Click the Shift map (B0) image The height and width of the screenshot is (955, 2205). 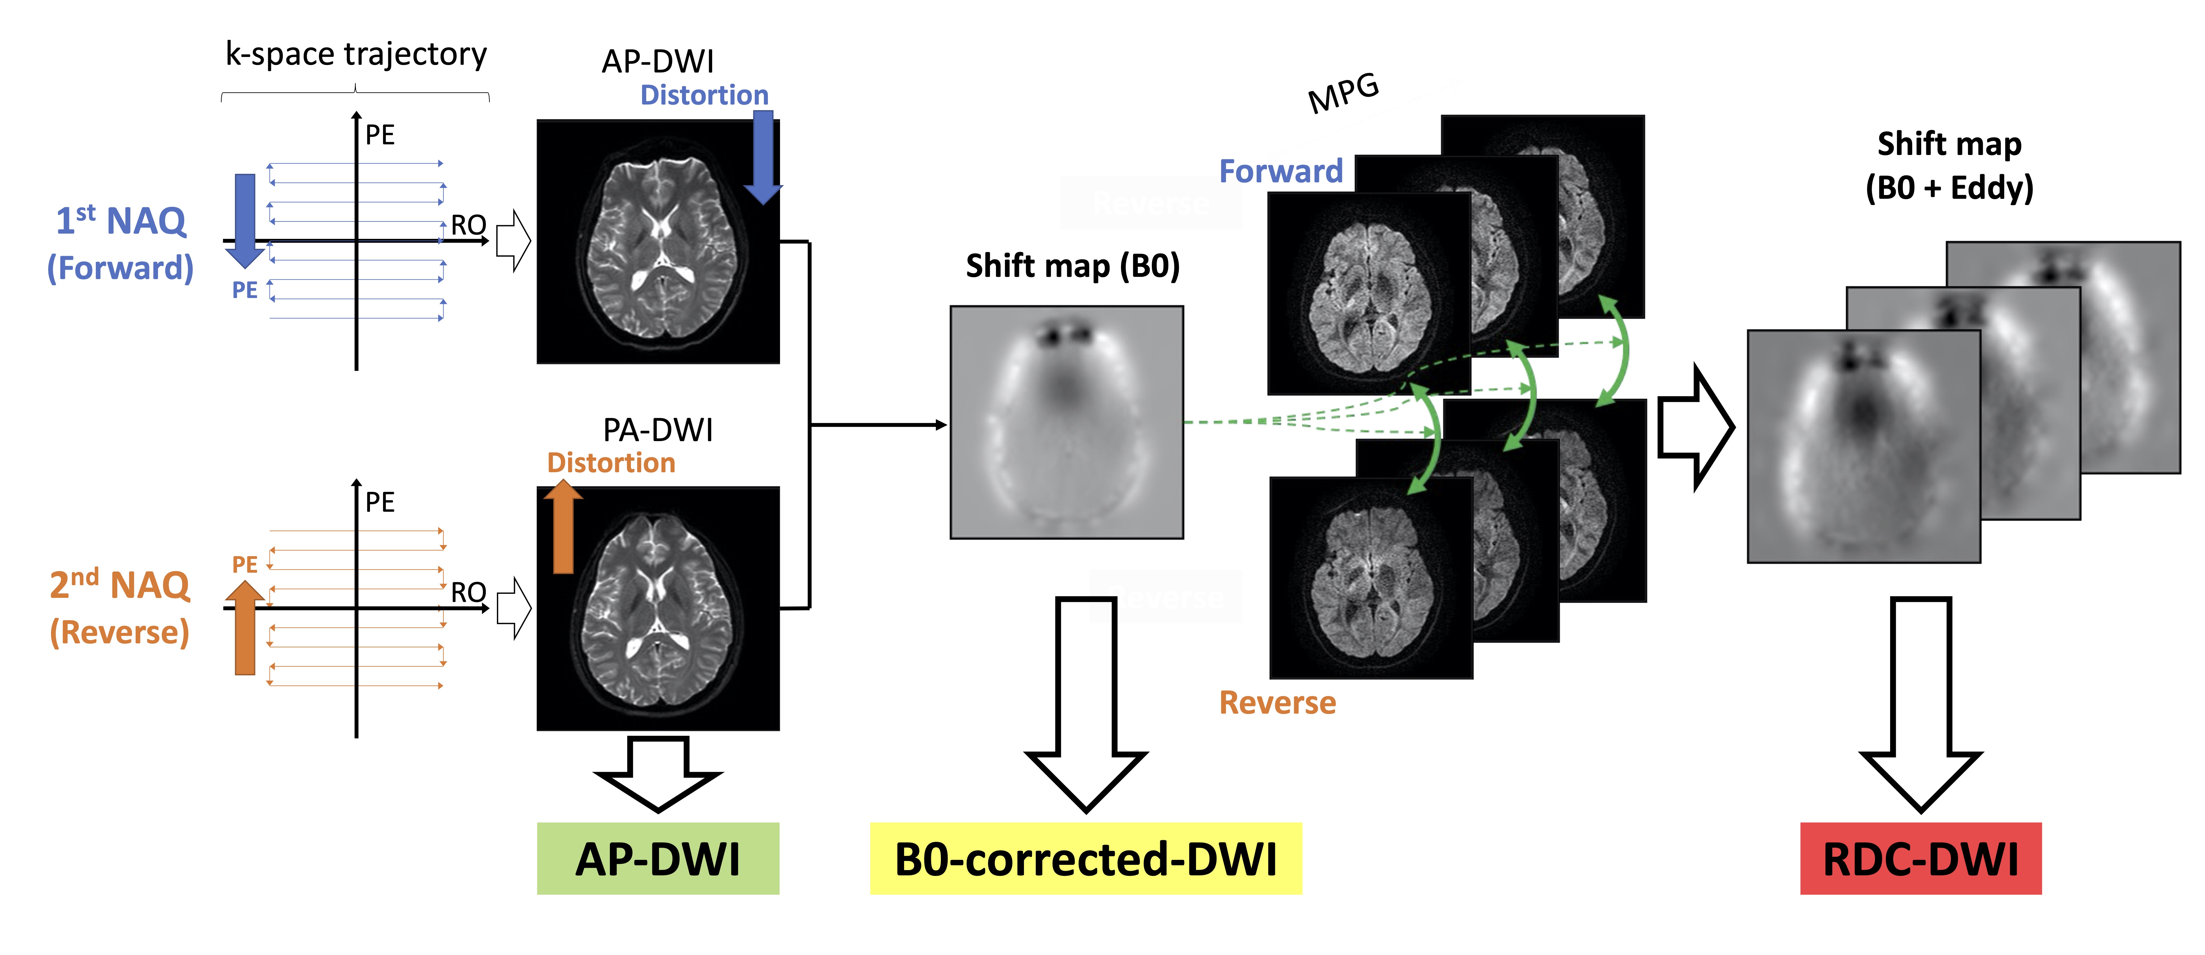click(1067, 422)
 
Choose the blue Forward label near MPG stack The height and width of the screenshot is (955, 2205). click(1281, 171)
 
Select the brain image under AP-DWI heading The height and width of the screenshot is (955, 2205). click(657, 242)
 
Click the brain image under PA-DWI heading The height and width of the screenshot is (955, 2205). click(657, 608)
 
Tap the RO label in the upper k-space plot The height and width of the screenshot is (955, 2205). click(468, 225)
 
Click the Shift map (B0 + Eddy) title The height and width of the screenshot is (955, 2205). click(1949, 165)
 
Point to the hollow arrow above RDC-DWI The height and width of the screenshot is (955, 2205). click(1921, 702)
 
